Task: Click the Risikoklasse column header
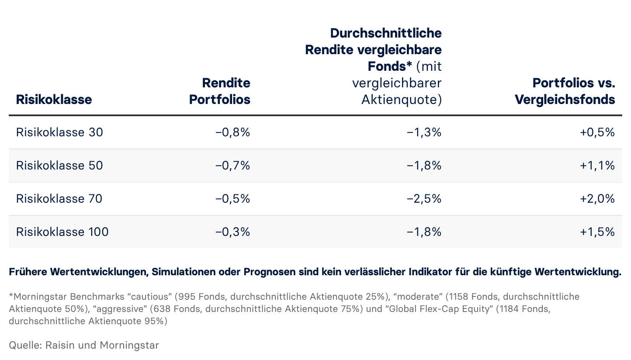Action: (x=54, y=100)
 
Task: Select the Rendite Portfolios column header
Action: (x=219, y=91)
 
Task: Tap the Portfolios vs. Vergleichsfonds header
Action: (x=565, y=91)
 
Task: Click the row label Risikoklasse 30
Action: (x=59, y=132)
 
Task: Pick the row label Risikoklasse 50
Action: (x=59, y=166)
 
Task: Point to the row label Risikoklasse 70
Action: (x=59, y=199)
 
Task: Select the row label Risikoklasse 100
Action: (x=62, y=232)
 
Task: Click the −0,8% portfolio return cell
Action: (x=232, y=132)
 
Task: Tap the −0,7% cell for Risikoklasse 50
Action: (x=232, y=166)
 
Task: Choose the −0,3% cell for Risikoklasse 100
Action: (x=232, y=232)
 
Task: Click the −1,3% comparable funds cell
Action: (x=424, y=132)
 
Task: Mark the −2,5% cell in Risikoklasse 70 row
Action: (x=424, y=199)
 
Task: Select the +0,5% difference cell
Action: (x=597, y=132)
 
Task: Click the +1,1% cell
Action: (x=597, y=166)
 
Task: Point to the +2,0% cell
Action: (x=597, y=199)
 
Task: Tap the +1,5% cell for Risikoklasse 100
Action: (x=597, y=232)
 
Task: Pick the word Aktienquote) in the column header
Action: (x=401, y=100)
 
